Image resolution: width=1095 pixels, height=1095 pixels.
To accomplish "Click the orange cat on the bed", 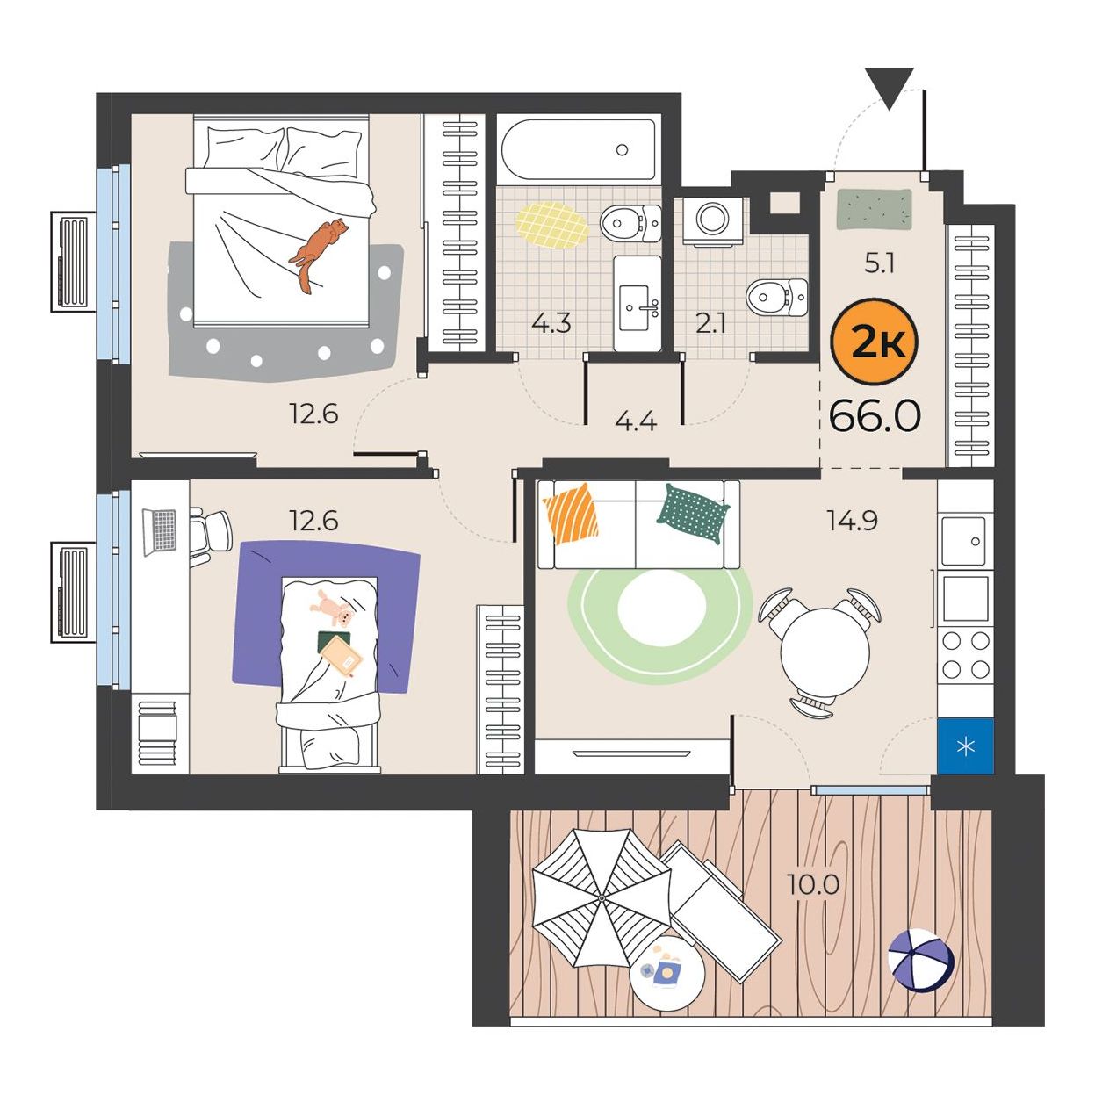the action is (317, 250).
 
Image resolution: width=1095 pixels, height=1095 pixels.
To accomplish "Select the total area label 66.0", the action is (875, 416).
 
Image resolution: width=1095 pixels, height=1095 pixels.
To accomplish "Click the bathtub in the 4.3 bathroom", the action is (579, 149).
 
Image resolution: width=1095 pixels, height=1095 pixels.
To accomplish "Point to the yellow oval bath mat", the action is (551, 225).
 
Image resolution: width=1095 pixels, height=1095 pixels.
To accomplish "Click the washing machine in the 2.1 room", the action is (712, 221).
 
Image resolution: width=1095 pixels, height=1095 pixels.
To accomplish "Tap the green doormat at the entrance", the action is (874, 210).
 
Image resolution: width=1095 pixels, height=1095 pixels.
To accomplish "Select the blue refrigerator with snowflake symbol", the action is (965, 746).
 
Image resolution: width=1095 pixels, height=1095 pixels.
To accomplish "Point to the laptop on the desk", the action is (159, 530).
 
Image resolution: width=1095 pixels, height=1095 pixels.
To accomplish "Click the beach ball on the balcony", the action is (922, 961).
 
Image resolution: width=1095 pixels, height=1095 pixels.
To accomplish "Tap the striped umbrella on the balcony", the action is (602, 898).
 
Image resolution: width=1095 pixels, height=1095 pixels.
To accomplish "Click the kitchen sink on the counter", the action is (965, 540).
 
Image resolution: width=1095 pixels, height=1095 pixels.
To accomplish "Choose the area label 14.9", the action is (853, 520).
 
